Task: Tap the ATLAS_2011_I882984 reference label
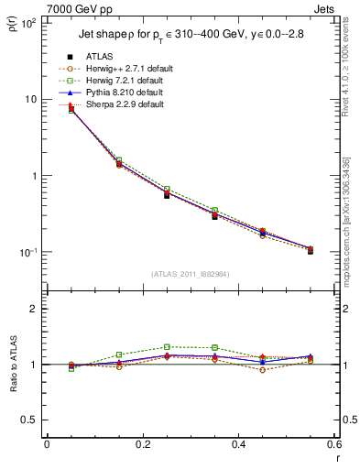point(190,274)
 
